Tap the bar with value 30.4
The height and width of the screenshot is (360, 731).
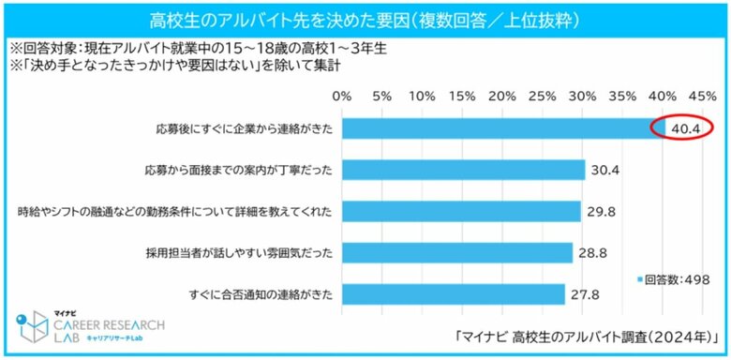[x=463, y=170]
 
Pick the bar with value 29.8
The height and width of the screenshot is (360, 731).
[x=460, y=211]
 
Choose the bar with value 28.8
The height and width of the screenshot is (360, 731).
[x=456, y=253]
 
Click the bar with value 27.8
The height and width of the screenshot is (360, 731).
[x=453, y=294]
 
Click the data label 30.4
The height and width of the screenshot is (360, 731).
[x=604, y=170]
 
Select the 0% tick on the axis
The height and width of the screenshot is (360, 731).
[x=342, y=97]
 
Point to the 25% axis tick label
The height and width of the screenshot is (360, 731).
[x=543, y=97]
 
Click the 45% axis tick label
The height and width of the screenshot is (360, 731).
[x=702, y=97]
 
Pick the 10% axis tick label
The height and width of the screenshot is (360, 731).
[x=422, y=97]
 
